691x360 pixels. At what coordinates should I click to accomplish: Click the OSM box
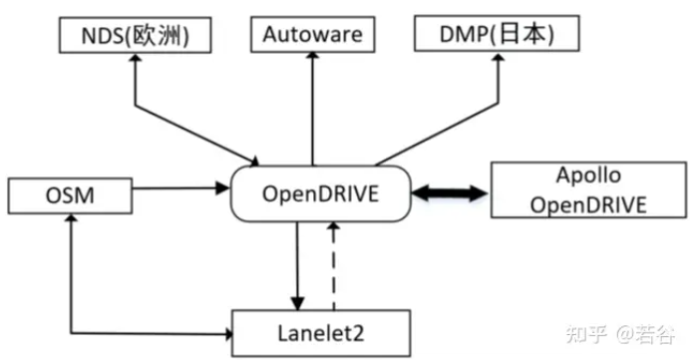coord(70,193)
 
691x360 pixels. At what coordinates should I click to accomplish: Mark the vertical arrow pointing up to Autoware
coord(312,110)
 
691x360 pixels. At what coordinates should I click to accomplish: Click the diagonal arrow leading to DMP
coord(439,127)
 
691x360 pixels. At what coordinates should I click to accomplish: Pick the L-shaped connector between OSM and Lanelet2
coord(72,299)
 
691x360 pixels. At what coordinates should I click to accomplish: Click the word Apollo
coord(587,176)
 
